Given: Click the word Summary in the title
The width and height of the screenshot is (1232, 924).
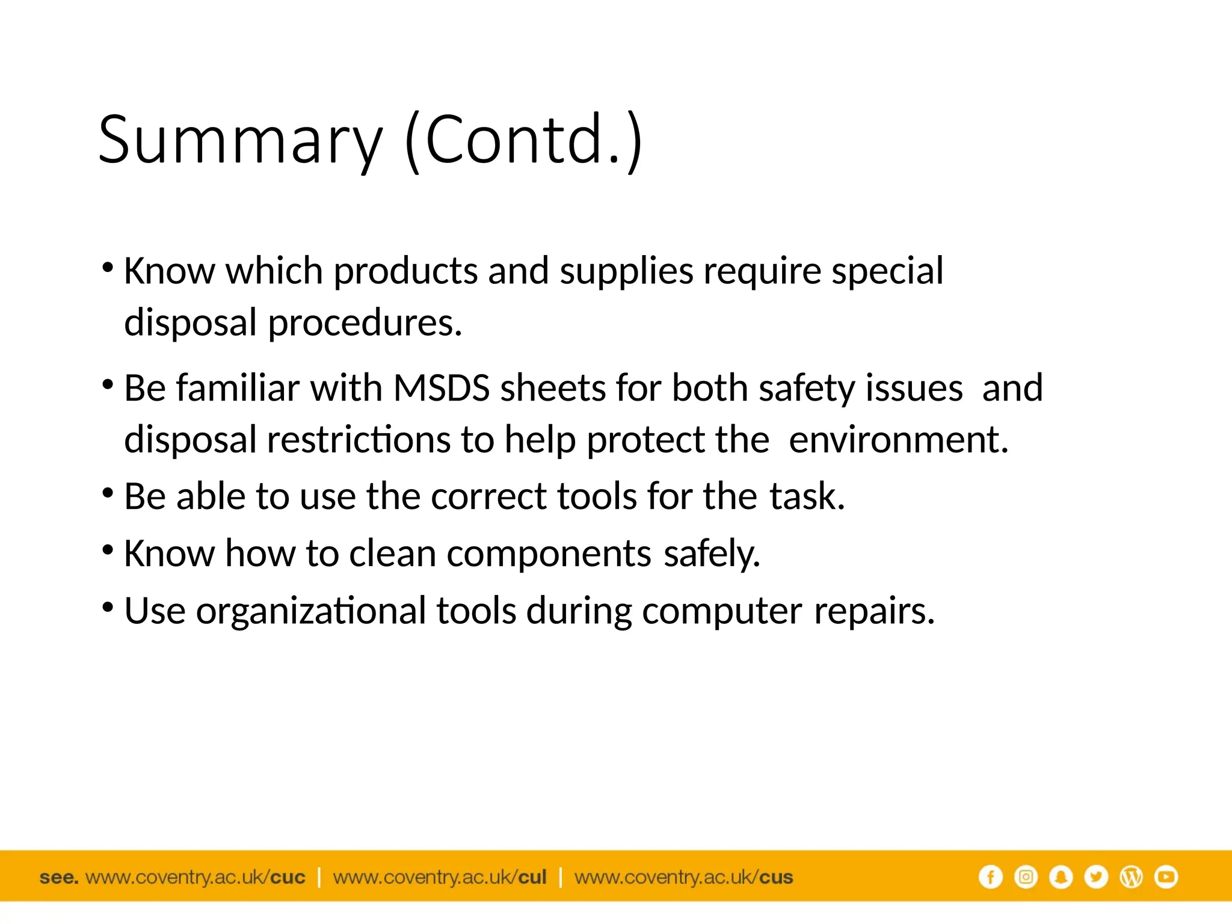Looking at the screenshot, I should click(x=240, y=141).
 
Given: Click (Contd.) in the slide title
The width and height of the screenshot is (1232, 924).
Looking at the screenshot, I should click(x=524, y=141).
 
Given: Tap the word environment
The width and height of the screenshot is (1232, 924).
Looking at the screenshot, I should click(x=898, y=440).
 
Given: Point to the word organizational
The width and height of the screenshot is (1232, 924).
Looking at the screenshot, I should click(x=311, y=611).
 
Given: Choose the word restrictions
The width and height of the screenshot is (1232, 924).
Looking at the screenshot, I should click(x=359, y=440).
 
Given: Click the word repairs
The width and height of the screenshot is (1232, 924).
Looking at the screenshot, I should click(x=874, y=611).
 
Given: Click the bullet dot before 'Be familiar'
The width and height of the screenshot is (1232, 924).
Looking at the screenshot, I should click(x=108, y=384).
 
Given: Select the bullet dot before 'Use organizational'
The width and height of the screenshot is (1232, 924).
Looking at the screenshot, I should click(x=108, y=607).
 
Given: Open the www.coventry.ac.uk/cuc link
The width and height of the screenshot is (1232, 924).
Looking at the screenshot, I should click(x=196, y=878).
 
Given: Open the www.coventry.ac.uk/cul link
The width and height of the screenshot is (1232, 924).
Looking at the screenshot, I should click(x=440, y=878).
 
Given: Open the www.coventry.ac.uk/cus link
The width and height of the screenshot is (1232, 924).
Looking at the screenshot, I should click(x=684, y=878).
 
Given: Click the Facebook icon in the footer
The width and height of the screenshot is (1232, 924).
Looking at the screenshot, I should click(x=990, y=877).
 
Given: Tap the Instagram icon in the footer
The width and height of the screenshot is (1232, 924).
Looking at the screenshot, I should click(x=1026, y=877).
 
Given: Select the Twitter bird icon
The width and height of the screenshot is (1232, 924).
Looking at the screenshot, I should click(x=1096, y=877).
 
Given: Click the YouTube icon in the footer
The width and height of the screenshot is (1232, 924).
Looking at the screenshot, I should click(x=1166, y=877).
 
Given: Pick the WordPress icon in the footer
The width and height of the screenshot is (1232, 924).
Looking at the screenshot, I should click(x=1131, y=877).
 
